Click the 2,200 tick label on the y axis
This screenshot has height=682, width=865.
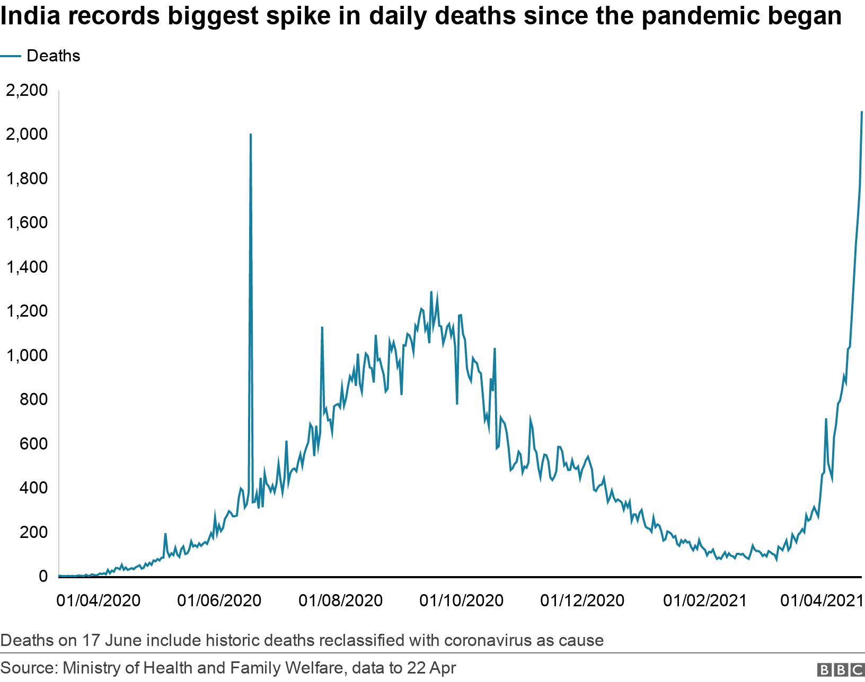pos(26,91)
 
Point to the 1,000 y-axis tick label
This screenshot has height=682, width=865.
pos(26,355)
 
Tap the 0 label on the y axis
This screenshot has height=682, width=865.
pos(43,576)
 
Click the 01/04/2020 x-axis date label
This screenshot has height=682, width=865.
pos(98,600)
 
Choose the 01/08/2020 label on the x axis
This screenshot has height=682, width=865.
pos(340,600)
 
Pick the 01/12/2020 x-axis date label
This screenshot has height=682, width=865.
pos(582,600)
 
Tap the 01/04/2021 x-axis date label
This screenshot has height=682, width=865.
pos(823,600)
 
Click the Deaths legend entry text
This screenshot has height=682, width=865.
pos(53,56)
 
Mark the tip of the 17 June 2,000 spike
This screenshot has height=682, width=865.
pos(250,134)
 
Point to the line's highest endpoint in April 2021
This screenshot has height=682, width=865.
pos(862,112)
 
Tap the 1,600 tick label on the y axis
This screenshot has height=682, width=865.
pos(26,223)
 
